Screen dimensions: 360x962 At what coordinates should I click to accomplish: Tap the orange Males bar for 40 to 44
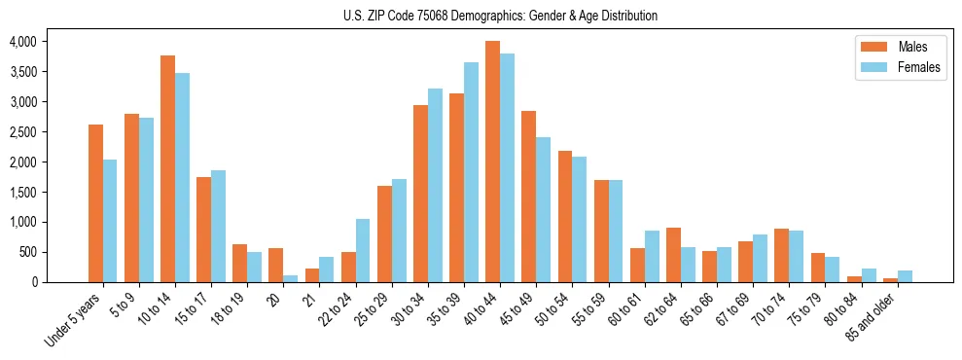coord(492,162)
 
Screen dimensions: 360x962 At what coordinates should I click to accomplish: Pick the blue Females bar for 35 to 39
coord(471,172)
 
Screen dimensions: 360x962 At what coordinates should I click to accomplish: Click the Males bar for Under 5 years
coord(95,203)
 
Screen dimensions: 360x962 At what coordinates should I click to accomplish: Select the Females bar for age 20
coord(291,278)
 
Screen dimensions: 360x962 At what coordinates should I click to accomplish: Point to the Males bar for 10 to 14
coord(167,169)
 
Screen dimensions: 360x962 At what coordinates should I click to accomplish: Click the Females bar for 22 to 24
coord(363,251)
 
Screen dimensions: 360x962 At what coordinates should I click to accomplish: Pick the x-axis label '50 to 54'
coord(552,309)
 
